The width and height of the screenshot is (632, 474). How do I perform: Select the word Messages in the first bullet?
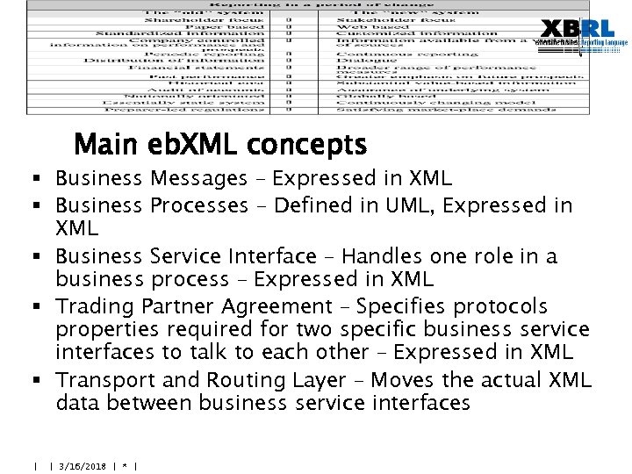click(198, 179)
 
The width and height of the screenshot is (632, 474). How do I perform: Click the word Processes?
click(198, 205)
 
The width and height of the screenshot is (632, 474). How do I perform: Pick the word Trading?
click(90, 306)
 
